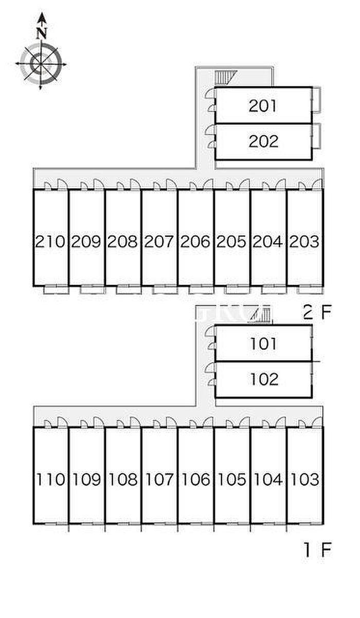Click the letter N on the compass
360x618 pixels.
pyautogui.click(x=42, y=33)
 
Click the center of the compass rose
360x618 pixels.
pyautogui.click(x=41, y=64)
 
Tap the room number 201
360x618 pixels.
pyautogui.click(x=262, y=106)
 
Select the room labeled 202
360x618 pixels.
pyautogui.click(x=263, y=142)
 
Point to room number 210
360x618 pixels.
pyautogui.click(x=50, y=241)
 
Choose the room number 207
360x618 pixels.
pyautogui.click(x=159, y=241)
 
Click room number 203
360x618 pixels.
pyautogui.click(x=304, y=241)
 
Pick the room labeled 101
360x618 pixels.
pyautogui.click(x=263, y=344)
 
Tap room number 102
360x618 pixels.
pyautogui.click(x=264, y=379)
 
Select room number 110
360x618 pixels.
pyautogui.click(x=51, y=479)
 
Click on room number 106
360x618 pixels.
pyautogui.click(x=196, y=479)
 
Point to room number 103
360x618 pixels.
pyautogui.click(x=305, y=479)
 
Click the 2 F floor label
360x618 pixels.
pyautogui.click(x=317, y=312)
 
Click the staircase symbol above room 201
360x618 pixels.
pyautogui.click(x=226, y=77)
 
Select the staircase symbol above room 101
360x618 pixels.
pyautogui.click(x=260, y=315)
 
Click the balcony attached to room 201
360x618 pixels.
pyautogui.click(x=316, y=100)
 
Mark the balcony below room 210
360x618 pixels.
pyautogui.click(x=56, y=290)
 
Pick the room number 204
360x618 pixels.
pyautogui.click(x=267, y=241)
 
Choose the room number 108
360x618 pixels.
pyautogui.click(x=123, y=479)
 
